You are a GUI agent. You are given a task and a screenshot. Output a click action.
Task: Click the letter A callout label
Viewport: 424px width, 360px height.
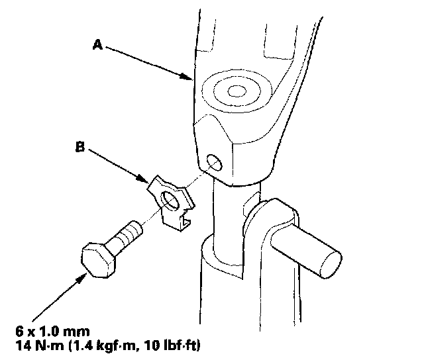(97, 44)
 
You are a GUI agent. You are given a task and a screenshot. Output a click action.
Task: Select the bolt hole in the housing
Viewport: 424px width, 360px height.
(213, 161)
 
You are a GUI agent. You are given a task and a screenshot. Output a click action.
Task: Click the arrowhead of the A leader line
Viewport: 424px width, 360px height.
(189, 79)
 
